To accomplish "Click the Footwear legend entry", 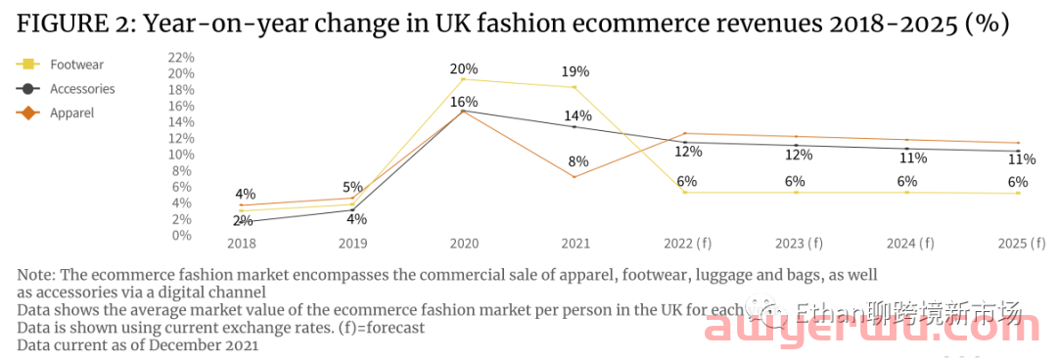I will click(x=76, y=65).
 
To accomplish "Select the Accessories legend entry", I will click(x=82, y=89).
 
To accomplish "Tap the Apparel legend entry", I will click(x=71, y=113).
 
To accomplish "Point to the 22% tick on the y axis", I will click(x=181, y=58).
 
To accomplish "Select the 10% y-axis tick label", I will click(x=181, y=155).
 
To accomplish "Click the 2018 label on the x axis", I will click(x=241, y=243).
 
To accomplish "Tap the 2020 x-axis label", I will click(x=463, y=243).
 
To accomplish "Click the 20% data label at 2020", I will click(x=464, y=69).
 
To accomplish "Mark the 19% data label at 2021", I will click(x=575, y=71).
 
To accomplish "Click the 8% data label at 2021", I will click(x=577, y=161).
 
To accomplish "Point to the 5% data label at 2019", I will click(x=352, y=188).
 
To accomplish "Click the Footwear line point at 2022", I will click(x=685, y=193).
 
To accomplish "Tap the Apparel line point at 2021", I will click(x=574, y=177).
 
